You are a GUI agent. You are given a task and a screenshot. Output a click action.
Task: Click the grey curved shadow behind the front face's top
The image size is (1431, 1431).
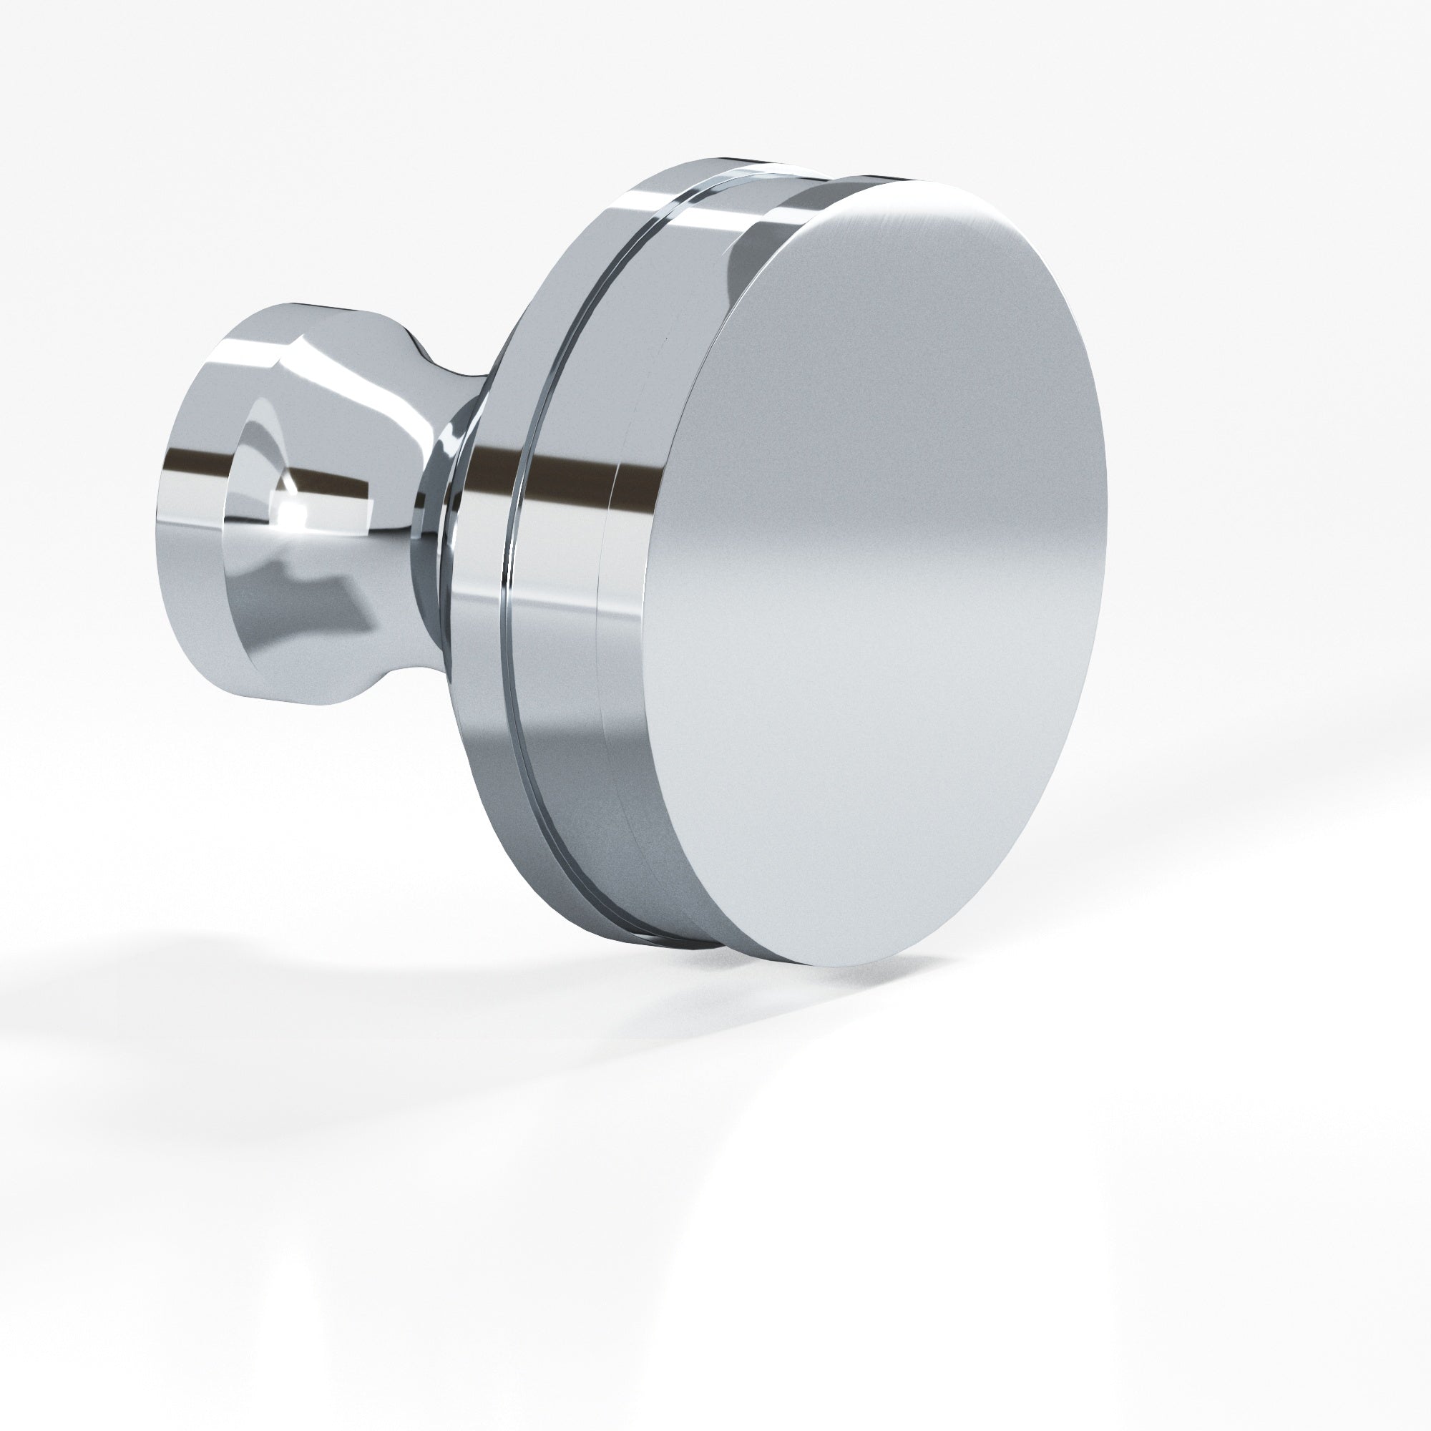click(748, 252)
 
